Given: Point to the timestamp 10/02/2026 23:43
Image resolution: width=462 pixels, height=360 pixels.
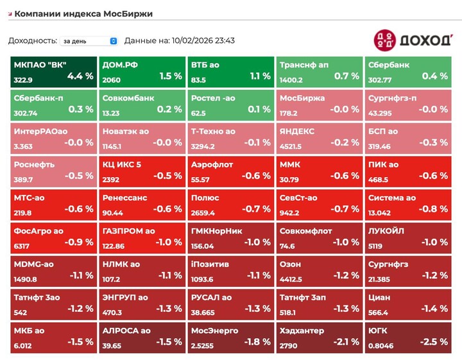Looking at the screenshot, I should pos(203,40).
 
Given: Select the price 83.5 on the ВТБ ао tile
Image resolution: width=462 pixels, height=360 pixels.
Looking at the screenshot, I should pos(198,80).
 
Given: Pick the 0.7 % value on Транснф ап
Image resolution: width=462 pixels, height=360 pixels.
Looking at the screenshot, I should pos(346,76).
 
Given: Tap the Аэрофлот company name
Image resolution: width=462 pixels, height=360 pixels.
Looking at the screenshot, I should pos(212,164).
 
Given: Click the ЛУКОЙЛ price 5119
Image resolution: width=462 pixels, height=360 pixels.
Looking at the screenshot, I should pos(376,246).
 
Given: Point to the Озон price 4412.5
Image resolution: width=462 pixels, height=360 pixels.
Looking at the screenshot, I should pos(291,279).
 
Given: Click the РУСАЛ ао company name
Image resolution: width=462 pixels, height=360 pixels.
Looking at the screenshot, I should pos(211,297).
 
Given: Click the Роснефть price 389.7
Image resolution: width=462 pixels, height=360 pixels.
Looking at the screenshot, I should pos(24,180).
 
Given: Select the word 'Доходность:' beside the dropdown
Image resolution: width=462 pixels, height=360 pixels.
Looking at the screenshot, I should pos(32,40).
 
